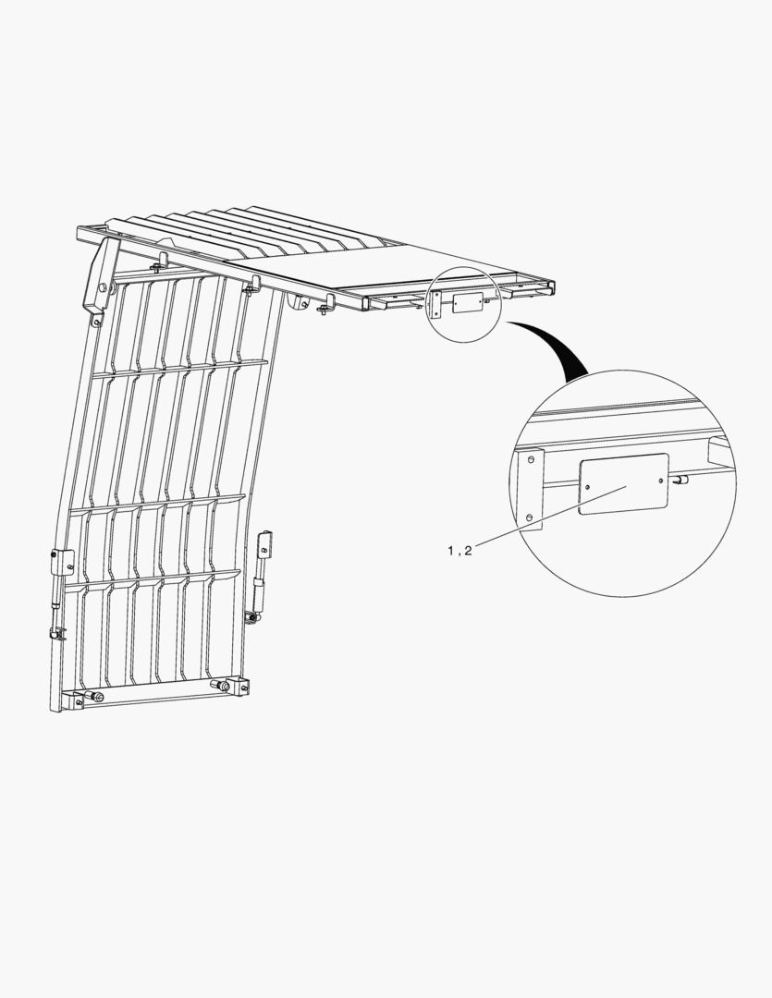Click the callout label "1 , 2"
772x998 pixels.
pyautogui.click(x=460, y=551)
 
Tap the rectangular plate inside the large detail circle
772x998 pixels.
pyautogui.click(x=623, y=483)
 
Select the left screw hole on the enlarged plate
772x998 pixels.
pyautogui.click(x=587, y=486)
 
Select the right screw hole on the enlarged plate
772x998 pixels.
pyautogui.click(x=660, y=481)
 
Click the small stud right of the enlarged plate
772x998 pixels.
pyautogui.click(x=680, y=480)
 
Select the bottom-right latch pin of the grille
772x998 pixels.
pyautogui.click(x=222, y=686)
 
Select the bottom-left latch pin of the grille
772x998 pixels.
pyautogui.click(x=97, y=696)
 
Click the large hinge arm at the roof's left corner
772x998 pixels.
pyautogui.click(x=102, y=279)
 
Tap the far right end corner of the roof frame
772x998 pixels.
pyautogui.click(x=552, y=285)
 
